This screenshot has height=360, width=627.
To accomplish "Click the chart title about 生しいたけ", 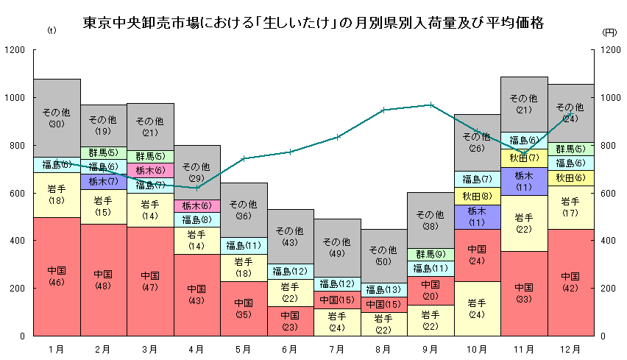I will click(313, 23).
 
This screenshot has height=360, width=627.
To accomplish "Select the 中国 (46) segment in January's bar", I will click(57, 276).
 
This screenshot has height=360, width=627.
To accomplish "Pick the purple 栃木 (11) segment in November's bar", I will click(523, 181).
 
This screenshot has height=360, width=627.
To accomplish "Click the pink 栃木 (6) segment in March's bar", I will click(150, 170).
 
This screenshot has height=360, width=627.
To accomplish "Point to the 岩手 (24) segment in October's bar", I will click(477, 308).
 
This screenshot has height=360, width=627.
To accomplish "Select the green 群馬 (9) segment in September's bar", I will click(430, 254).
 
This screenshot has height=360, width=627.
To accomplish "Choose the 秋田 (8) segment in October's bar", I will click(477, 196).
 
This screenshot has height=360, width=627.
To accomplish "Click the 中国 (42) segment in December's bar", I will click(570, 282).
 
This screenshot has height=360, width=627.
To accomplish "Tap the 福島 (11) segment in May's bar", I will click(244, 246).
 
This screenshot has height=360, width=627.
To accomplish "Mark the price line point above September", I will click(430, 105).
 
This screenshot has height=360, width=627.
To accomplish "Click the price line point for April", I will click(196, 188).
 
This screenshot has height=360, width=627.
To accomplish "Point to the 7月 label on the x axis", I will click(336, 347).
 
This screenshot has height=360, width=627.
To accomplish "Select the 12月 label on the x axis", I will click(570, 347).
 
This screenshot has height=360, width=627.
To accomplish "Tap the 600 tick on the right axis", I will click(609, 193).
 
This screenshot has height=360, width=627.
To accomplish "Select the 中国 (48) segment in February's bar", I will click(103, 280).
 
